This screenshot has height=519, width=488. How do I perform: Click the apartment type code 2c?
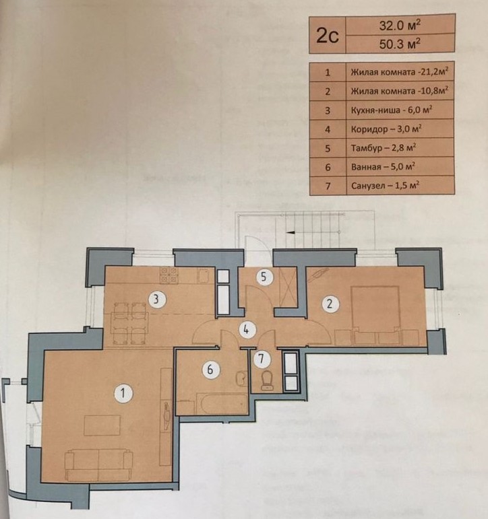(x=327, y=36)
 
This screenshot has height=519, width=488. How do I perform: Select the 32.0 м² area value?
(x=400, y=25)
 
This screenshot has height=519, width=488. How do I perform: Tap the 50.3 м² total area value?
(x=400, y=43)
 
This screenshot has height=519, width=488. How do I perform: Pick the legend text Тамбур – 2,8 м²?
(x=384, y=147)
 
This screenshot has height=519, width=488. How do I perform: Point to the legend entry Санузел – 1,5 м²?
(x=386, y=185)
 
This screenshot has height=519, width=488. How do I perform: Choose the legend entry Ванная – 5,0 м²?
(x=384, y=166)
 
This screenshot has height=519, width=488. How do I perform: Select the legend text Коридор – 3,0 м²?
(x=386, y=129)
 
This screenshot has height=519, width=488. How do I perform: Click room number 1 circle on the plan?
(x=123, y=393)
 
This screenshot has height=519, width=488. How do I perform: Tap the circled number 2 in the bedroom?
(x=329, y=304)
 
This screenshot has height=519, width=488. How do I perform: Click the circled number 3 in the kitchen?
(x=156, y=300)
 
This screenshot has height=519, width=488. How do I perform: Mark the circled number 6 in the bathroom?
(x=210, y=369)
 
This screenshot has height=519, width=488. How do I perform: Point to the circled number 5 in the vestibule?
(x=264, y=277)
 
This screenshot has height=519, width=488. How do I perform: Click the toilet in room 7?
(x=267, y=380)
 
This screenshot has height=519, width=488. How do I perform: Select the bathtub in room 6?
(x=222, y=403)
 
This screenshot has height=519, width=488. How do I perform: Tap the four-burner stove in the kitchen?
(x=169, y=275)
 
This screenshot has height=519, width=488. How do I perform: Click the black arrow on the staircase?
(x=291, y=232)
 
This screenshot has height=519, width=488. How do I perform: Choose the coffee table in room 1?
(x=102, y=425)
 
